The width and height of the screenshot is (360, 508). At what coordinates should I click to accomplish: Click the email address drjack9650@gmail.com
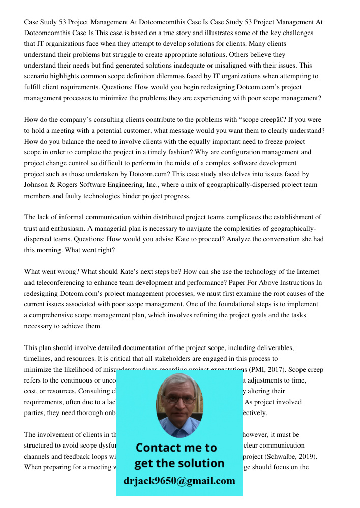(x=179, y=480)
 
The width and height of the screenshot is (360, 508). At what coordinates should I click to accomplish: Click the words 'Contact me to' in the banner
(x=176, y=448)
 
